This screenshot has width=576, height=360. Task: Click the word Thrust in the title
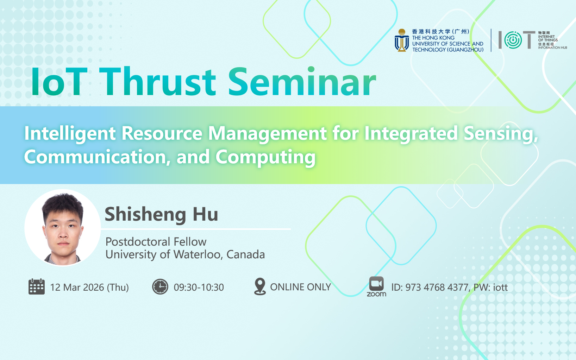(x=157, y=81)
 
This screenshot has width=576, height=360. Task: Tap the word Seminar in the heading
(x=302, y=81)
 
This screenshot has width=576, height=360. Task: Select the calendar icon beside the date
(x=37, y=286)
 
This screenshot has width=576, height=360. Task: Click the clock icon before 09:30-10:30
(x=160, y=286)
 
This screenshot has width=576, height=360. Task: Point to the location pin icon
(x=260, y=286)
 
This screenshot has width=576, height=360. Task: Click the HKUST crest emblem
(x=402, y=40)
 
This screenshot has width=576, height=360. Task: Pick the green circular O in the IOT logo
(x=513, y=40)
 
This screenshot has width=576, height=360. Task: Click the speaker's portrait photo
(x=63, y=228)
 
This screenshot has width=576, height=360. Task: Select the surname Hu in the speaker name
(x=206, y=214)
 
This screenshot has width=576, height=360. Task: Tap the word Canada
(x=245, y=254)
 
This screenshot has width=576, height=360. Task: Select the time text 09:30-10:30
(x=199, y=287)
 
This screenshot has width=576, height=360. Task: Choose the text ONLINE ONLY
(x=301, y=287)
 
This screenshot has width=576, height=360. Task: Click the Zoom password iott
(x=500, y=287)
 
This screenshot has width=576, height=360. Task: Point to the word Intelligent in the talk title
(x=70, y=134)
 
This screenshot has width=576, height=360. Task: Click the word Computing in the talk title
(x=265, y=157)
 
